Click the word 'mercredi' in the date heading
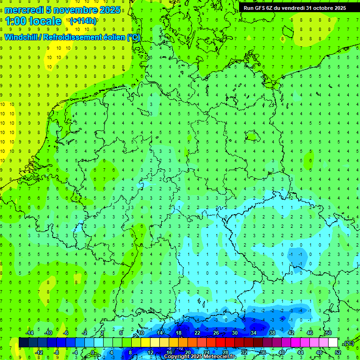pos(23,10)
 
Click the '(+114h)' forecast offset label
pos(83,21)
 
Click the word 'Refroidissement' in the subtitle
pos(75,37)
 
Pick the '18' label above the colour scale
pos(179,333)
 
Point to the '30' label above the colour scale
pos(235,333)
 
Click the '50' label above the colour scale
pos(329,333)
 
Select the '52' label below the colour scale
pos(338,352)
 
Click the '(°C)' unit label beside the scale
pos(348,343)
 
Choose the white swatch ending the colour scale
pos(333,343)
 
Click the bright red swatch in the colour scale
pos(221,343)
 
